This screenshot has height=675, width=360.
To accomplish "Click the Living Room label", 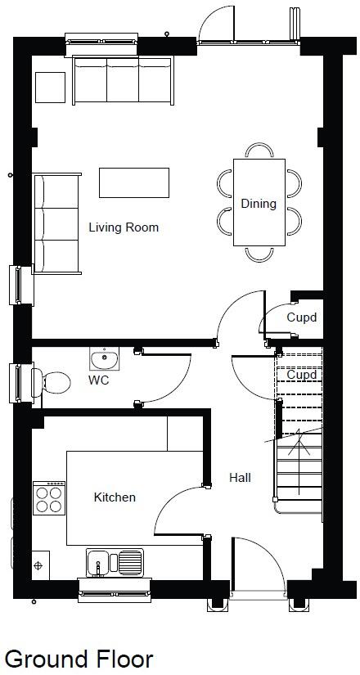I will point(124,227).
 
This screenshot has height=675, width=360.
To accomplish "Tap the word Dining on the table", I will point(259,204).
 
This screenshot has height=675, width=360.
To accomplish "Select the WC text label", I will point(99,380).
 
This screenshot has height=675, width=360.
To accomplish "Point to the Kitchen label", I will point(115,497).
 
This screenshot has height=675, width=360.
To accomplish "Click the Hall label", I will point(240,477).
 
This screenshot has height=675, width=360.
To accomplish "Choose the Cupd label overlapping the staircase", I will point(301,375).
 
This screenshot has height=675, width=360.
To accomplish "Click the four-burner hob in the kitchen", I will point(49,497).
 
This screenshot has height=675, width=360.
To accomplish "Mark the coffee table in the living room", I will point(135,182).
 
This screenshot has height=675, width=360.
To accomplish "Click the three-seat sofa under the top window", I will point(122,79).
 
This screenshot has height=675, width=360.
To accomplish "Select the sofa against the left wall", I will point(56,222).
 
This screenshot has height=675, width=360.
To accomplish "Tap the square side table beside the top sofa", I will point(50,86).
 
